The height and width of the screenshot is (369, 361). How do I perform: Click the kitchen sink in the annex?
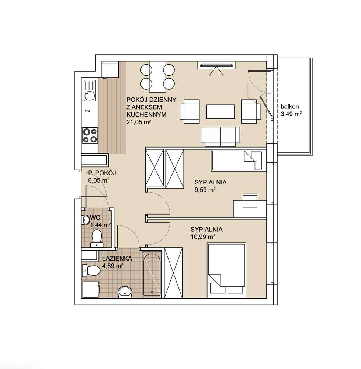[90, 91]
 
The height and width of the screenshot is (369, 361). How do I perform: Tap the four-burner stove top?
[90, 135]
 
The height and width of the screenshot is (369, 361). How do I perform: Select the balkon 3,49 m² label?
[291, 110]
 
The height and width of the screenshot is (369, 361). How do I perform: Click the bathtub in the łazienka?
[152, 274]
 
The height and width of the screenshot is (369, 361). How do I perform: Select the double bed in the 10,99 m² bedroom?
[226, 270]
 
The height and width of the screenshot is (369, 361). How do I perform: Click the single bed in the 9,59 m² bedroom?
[237, 160]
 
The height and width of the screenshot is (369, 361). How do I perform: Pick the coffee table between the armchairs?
[221, 112]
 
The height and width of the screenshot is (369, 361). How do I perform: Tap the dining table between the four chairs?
[157, 76]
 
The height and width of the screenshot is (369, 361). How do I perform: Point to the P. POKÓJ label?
[102, 173]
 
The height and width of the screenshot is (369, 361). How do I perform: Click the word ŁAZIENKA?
[117, 258]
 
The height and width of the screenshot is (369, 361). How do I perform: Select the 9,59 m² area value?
[205, 190]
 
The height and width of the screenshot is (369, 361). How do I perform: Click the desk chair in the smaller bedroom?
[250, 201]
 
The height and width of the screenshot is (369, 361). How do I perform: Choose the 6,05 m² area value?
[99, 180]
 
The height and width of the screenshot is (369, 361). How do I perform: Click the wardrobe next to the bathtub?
[173, 273]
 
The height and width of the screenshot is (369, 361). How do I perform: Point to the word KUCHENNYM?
[146, 115]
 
